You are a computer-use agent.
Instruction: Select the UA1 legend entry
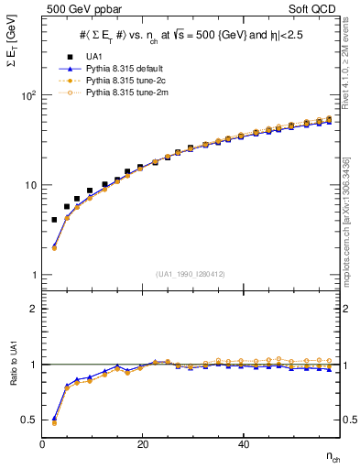(92, 57)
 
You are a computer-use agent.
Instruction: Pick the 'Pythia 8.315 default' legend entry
(121, 69)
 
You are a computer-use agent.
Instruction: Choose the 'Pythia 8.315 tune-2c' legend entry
(121, 81)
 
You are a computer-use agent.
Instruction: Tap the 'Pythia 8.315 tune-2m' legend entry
(121, 93)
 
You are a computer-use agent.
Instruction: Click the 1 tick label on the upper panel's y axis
(33, 275)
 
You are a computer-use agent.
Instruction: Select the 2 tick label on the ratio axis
(33, 309)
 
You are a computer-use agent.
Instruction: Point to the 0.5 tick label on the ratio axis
(29, 420)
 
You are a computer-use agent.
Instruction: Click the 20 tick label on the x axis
(142, 445)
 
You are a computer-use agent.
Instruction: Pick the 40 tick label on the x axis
(243, 445)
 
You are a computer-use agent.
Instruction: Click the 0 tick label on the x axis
(43, 445)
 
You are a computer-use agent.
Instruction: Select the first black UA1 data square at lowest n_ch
(54, 220)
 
